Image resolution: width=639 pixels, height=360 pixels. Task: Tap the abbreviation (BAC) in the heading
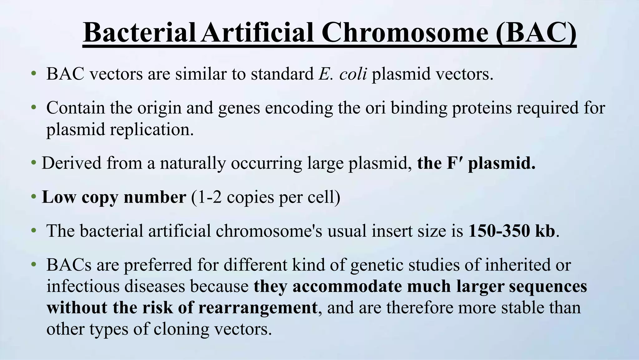pos(536,33)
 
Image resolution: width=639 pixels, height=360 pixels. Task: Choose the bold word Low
pos(59,197)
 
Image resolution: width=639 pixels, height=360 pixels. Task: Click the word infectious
pos(83,286)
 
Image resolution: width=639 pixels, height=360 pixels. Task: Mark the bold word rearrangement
pos(258,308)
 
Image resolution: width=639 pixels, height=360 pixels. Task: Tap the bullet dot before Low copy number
pos(33,197)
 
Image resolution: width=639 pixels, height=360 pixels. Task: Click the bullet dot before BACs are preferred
pos(33,265)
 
